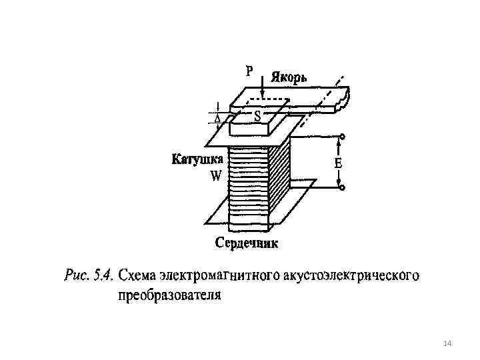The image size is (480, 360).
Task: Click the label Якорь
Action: (x=289, y=76)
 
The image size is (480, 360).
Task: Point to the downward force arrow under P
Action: (x=263, y=86)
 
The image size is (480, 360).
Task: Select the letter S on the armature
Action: (x=257, y=115)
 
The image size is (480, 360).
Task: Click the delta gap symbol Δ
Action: (x=217, y=118)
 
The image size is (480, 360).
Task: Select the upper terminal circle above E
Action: (x=342, y=137)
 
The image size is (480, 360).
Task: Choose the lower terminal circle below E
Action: (x=342, y=189)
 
